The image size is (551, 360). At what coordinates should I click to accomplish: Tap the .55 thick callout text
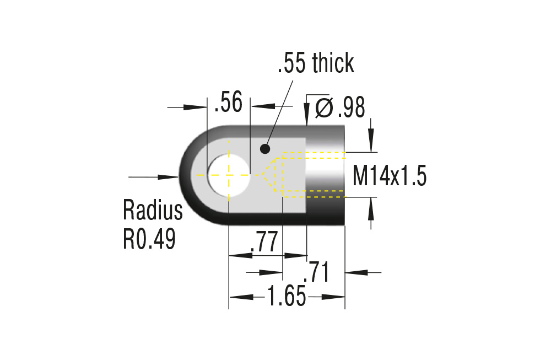315,64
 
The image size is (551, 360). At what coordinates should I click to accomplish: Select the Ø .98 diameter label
340,108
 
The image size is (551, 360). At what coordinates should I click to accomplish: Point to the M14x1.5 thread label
390,177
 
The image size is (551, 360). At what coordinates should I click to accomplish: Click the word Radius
153,211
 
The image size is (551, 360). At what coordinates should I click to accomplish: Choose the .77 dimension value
263,243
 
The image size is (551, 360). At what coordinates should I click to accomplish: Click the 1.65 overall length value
287,297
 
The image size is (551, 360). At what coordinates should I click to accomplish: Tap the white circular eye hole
229,175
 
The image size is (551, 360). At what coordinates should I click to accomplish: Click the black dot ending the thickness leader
265,148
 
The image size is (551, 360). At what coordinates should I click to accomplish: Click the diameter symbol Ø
324,108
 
